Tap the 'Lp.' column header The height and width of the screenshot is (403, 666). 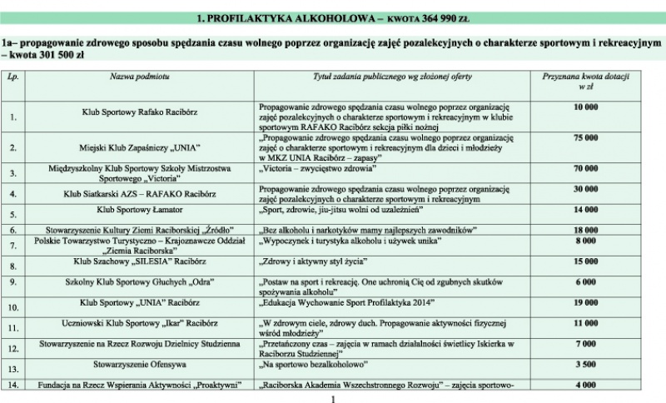12,76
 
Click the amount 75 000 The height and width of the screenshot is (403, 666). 586,137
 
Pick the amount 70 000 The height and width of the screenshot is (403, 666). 586,168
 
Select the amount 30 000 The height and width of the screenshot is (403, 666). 586,189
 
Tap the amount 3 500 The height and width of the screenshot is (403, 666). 586,364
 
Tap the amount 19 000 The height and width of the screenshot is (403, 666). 586,303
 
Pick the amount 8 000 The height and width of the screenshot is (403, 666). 586,241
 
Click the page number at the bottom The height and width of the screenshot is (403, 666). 332,397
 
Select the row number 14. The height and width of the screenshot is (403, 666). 12,385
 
